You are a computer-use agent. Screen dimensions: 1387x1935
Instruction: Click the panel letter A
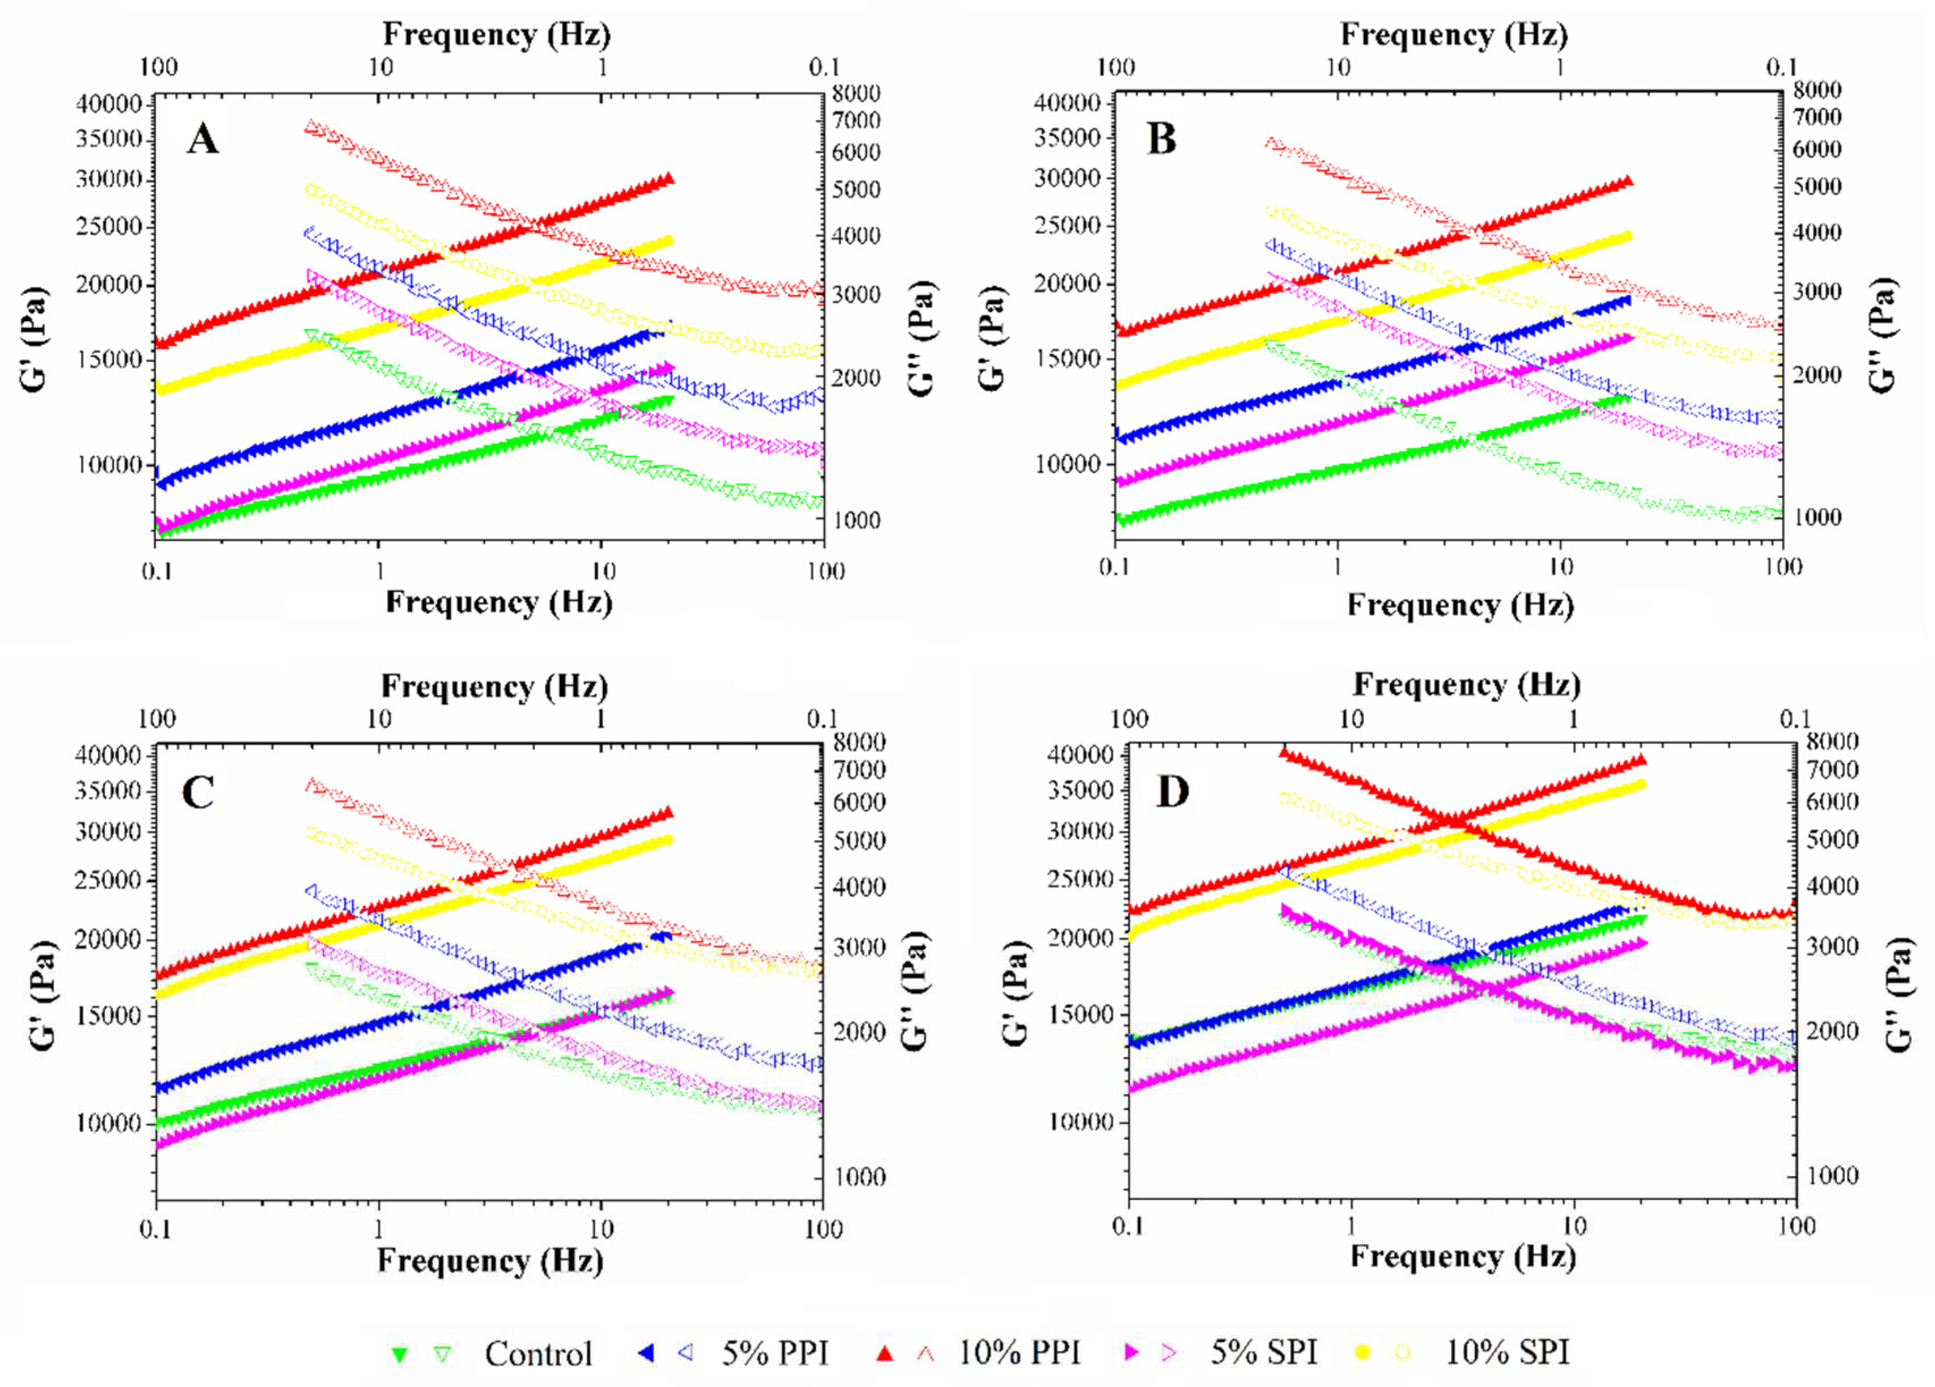click(202, 138)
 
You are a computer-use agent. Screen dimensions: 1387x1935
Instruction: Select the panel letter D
click(1172, 792)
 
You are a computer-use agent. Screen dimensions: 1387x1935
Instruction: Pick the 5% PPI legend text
click(774, 1353)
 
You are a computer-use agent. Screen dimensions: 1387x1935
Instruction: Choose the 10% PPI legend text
click(1019, 1353)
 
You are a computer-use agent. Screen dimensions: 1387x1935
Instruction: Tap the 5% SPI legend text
click(1264, 1353)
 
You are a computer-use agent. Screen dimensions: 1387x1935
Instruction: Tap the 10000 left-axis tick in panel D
click(1081, 1122)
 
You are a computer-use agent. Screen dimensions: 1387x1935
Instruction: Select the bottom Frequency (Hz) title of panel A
click(499, 603)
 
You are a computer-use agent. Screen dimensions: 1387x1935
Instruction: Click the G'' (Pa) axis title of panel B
click(1882, 336)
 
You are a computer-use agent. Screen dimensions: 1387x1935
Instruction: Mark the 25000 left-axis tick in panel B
click(1068, 225)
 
